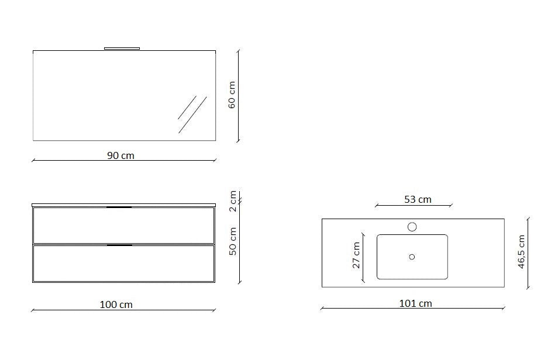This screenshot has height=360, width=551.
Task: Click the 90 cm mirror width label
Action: [x=120, y=155]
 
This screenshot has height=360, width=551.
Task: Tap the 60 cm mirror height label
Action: [x=232, y=95]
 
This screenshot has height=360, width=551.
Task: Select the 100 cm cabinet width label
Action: [x=116, y=304]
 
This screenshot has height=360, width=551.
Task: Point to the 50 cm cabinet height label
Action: [x=233, y=241]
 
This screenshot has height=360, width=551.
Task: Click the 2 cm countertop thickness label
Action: [x=233, y=201]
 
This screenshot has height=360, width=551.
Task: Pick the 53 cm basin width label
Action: [x=418, y=199]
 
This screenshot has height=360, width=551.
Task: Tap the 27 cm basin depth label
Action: [x=356, y=255]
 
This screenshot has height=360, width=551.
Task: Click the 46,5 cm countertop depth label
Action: [x=521, y=252]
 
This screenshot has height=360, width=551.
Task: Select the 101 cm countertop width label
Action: [x=415, y=303]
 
